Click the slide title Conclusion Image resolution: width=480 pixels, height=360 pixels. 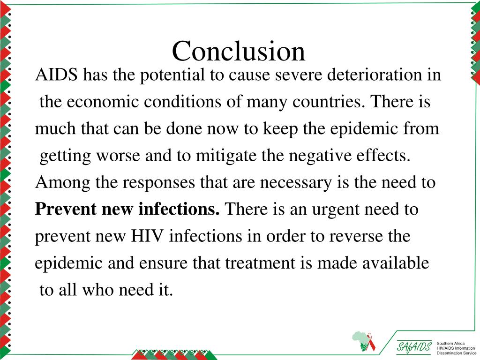(239, 51)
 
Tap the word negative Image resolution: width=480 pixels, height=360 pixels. (317, 156)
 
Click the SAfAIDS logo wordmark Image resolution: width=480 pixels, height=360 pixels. (414, 347)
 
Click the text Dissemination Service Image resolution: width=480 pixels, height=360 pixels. (456, 352)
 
